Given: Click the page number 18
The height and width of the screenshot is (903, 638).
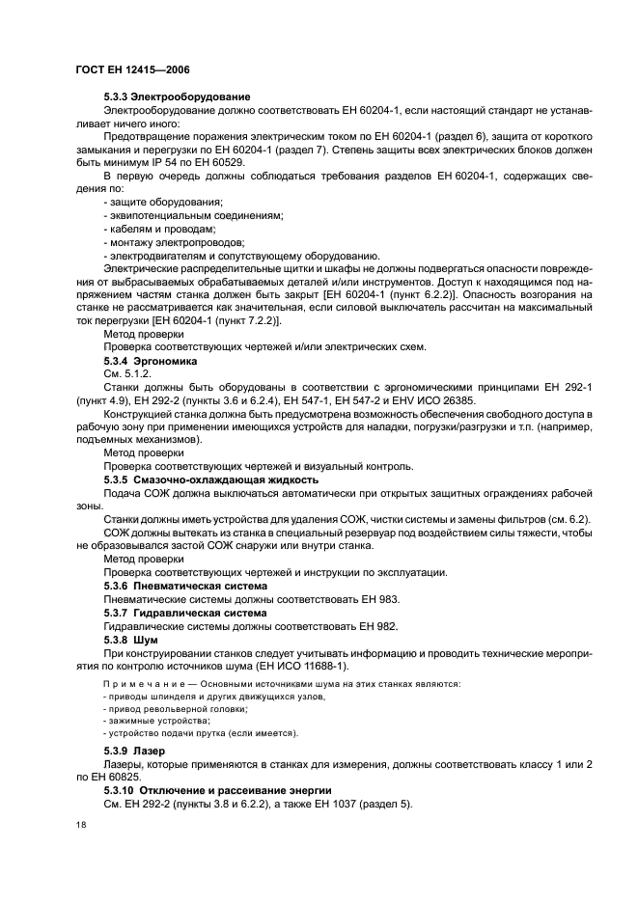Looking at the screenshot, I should (80, 826).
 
